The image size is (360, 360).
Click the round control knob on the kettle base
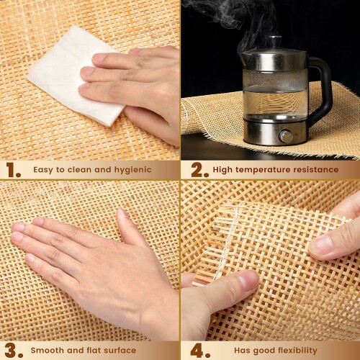coord(286,136)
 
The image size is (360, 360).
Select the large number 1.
coord(14,170)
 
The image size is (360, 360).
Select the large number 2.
coord(199,170)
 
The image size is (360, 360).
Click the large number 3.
coord(14,351)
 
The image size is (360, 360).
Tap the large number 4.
coord(200,351)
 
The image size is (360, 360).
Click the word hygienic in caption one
coord(132,170)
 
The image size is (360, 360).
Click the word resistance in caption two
coord(316,170)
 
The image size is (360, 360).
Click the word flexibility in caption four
coord(297,351)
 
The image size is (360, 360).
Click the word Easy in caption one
coord(44,170)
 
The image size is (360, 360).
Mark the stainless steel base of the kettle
coord(275,132)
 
